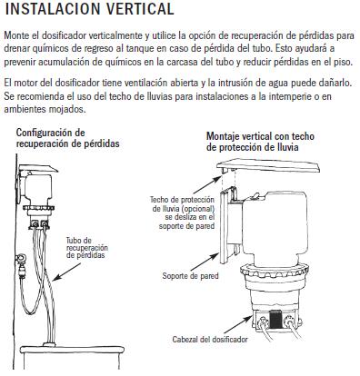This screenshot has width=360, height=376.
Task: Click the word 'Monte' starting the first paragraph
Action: [x=17, y=33]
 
